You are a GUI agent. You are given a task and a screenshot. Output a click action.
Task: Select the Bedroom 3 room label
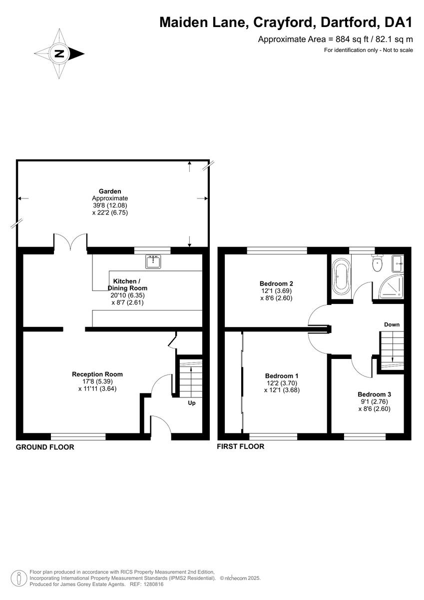coord(374,394)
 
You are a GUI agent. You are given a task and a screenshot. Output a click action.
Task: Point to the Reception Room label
coord(97,374)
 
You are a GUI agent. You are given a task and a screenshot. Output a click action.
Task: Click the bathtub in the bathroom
coord(342,276)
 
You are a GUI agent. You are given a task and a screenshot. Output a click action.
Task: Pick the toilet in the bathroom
coord(377,264)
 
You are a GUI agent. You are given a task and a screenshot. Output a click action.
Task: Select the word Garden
coord(110,191)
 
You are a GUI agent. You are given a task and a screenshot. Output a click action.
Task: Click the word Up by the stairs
coord(192,402)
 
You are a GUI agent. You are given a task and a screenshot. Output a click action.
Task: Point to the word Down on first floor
coord(392,324)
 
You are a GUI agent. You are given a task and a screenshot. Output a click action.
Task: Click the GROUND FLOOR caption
coord(45,447)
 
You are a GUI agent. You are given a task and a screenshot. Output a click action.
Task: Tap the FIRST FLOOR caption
coord(240,446)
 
